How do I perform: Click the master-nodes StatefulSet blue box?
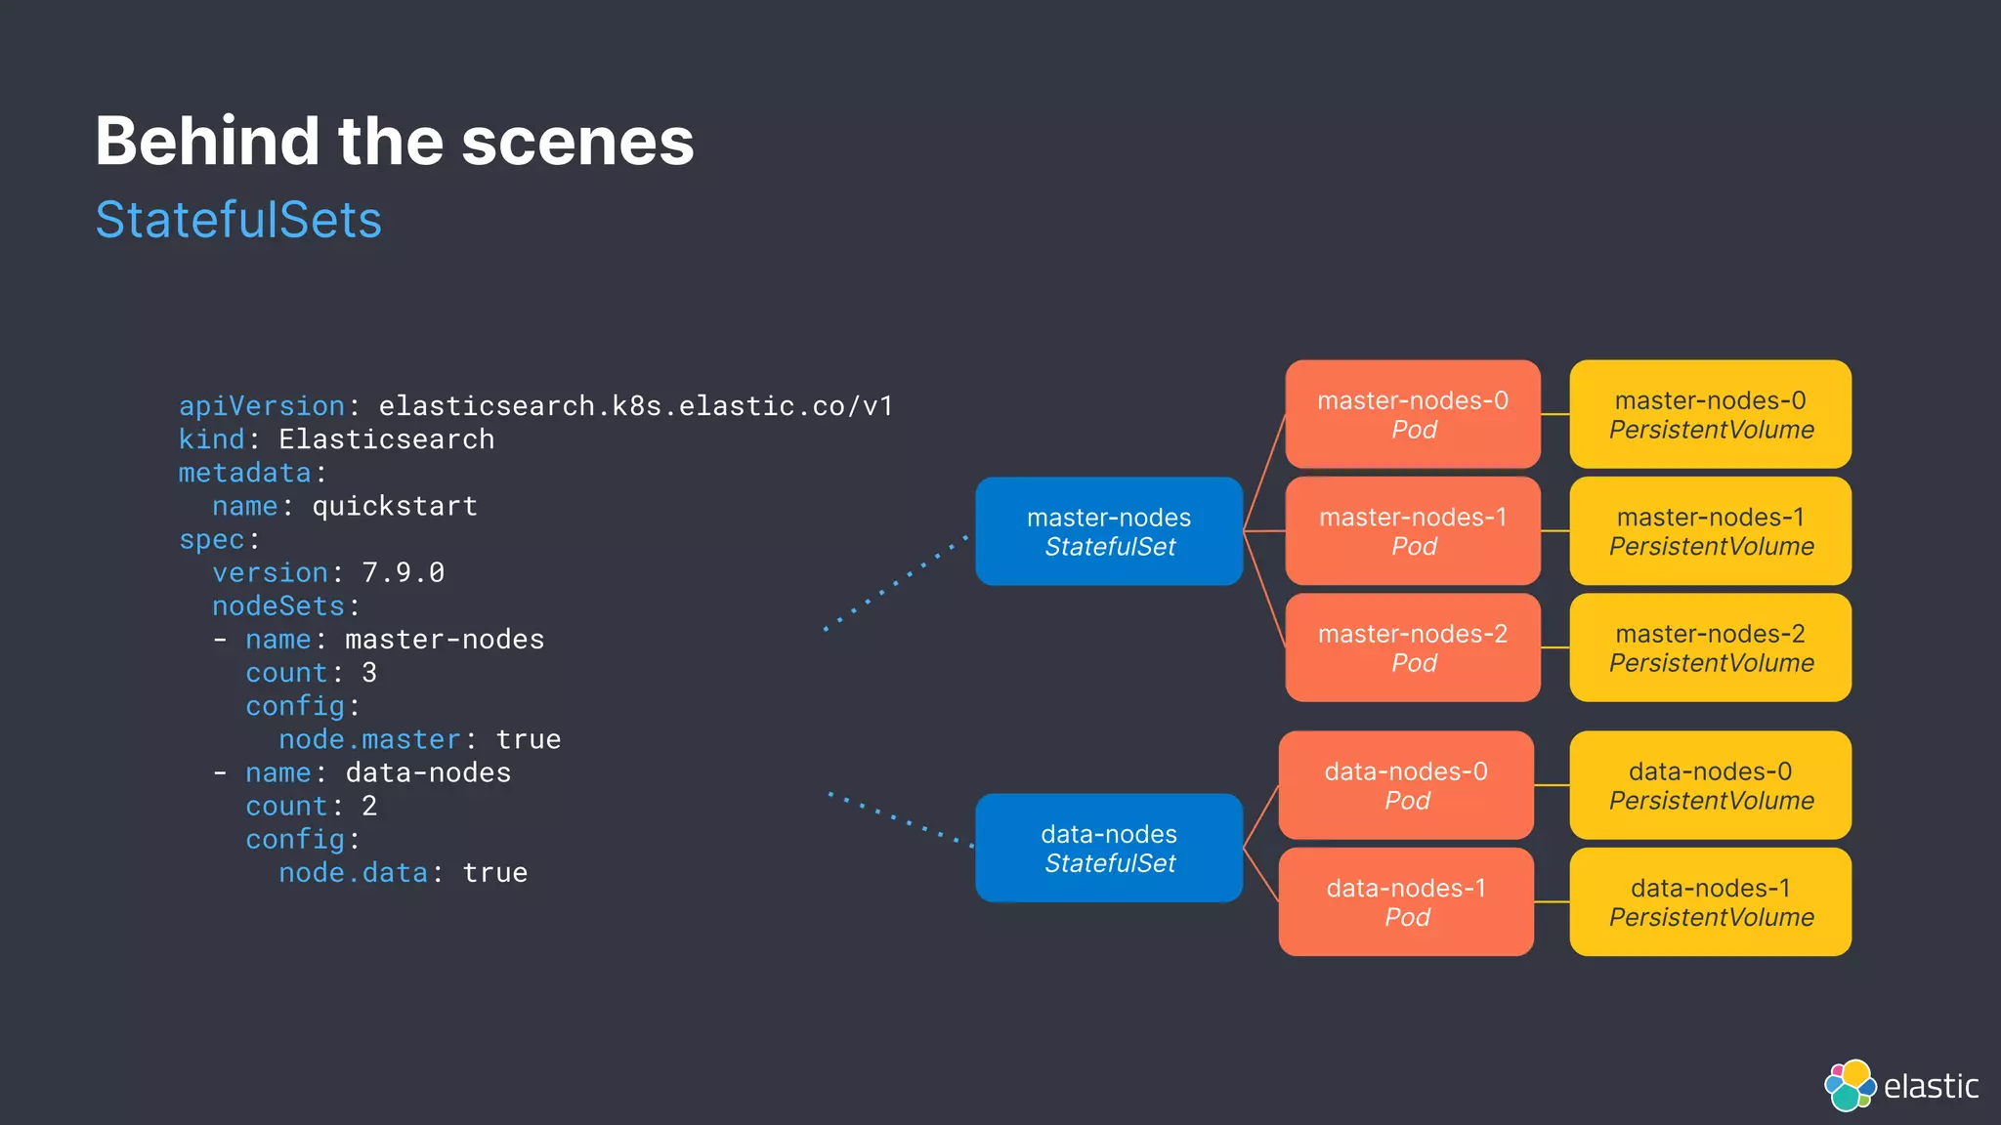click(x=1109, y=531)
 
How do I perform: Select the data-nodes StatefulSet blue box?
click(x=1109, y=848)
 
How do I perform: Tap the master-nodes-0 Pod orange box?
click(x=1413, y=414)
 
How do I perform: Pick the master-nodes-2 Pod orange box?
click(x=1413, y=647)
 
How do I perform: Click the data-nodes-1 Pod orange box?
click(x=1406, y=901)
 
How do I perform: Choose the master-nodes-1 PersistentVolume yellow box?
click(x=1710, y=531)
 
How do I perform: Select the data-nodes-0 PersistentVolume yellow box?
click(x=1710, y=785)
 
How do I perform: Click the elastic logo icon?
click(x=1850, y=1085)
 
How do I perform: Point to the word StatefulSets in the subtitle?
click(x=238, y=220)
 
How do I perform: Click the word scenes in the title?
click(x=577, y=142)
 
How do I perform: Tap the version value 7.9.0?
click(x=403, y=572)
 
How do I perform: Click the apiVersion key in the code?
click(x=262, y=406)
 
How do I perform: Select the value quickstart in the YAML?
click(x=395, y=506)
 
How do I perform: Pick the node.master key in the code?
click(x=369, y=739)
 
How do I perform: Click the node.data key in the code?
click(x=353, y=873)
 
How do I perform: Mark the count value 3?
click(x=369, y=673)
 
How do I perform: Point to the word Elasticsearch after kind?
click(x=387, y=439)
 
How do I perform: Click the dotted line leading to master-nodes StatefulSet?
click(x=895, y=583)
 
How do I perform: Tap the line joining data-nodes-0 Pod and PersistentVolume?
click(x=1552, y=785)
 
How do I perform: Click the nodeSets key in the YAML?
click(x=278, y=606)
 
